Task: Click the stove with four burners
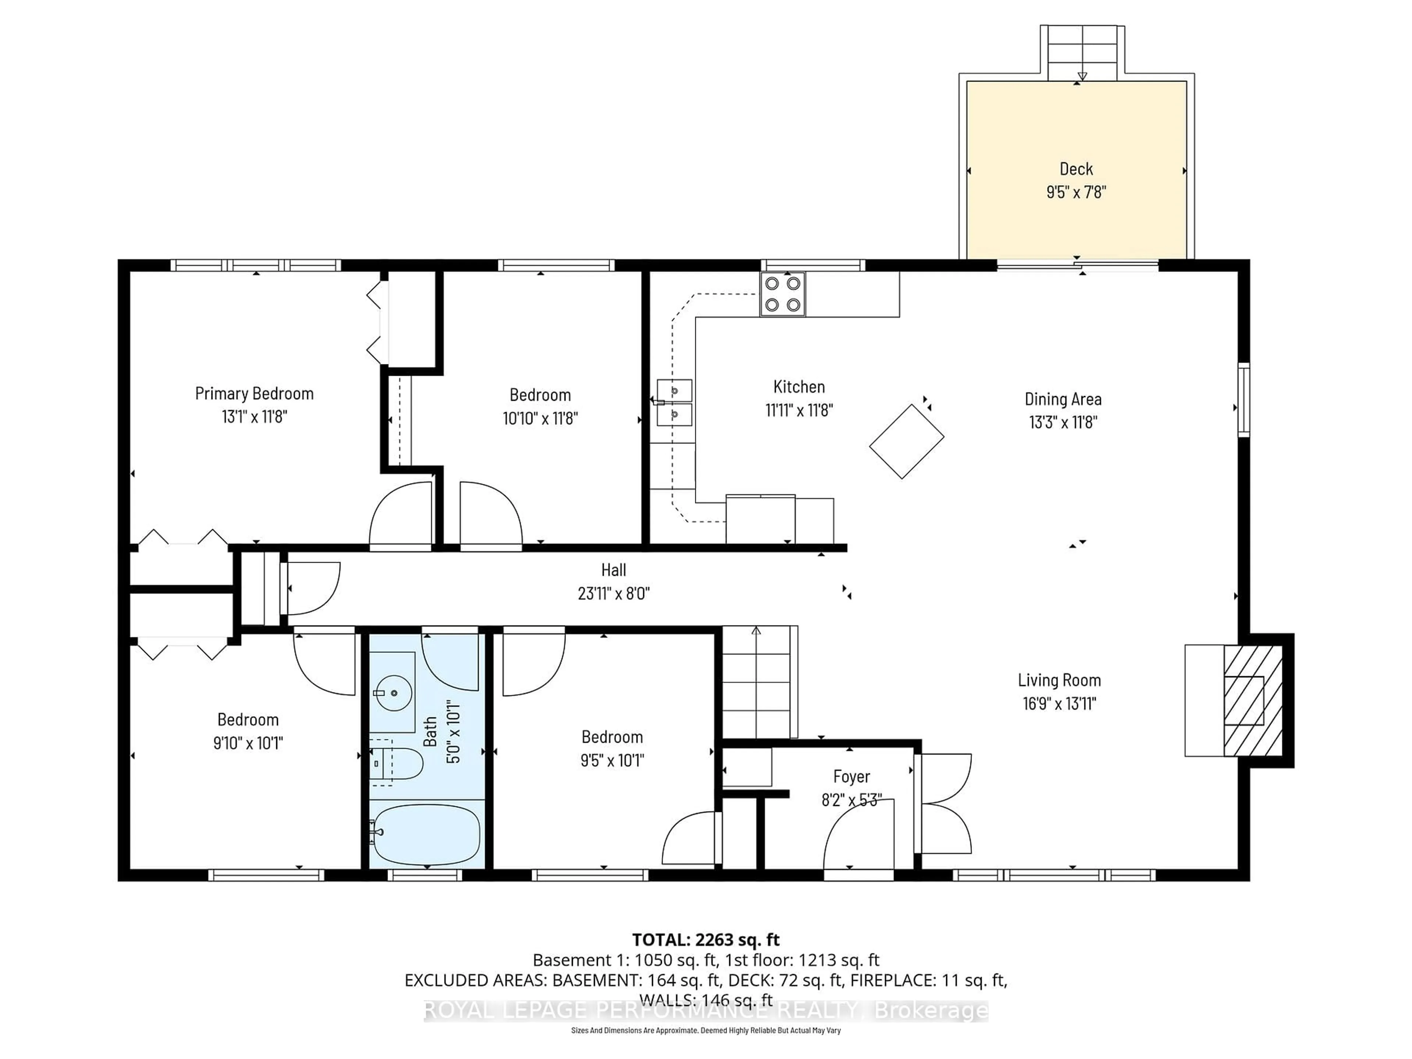(782, 294)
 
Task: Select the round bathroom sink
(393, 693)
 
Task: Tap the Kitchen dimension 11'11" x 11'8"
(799, 410)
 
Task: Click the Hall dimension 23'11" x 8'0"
(613, 593)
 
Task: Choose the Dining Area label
(1062, 399)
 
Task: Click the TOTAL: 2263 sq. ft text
(705, 939)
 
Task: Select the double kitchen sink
(674, 402)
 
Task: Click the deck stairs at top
(1082, 53)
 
